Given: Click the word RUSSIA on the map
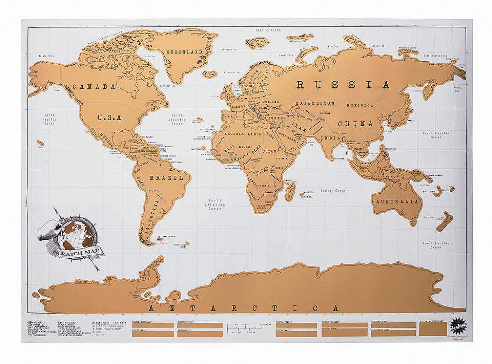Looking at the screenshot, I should click(343, 85).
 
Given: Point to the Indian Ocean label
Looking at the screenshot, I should click(333, 191).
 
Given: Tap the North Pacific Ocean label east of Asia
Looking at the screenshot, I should click(435, 135).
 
